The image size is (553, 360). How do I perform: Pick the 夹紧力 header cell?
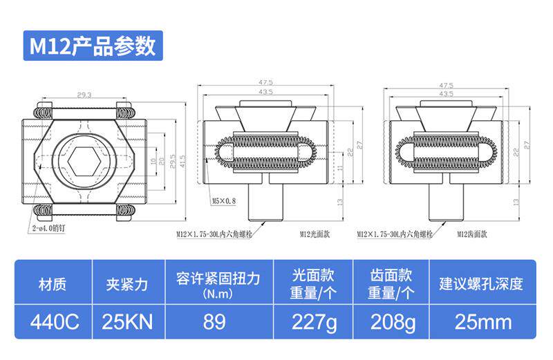(x=127, y=283)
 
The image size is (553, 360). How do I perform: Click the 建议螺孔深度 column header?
(x=484, y=283)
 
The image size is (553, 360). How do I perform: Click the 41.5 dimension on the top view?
(x=182, y=160)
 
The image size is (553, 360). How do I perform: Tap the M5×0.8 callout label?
(x=224, y=201)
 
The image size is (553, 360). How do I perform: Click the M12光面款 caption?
(x=315, y=234)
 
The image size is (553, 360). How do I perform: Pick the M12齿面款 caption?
(x=473, y=234)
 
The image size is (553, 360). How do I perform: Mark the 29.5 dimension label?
(x=173, y=160)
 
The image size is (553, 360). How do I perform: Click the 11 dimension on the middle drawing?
(x=340, y=168)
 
